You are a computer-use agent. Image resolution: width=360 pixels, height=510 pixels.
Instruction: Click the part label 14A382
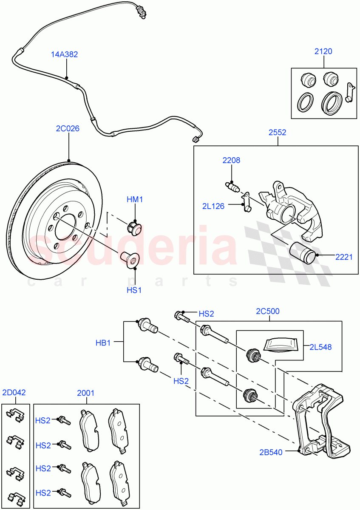tap(65, 54)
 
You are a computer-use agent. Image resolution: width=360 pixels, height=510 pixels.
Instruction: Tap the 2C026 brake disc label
tap(68, 128)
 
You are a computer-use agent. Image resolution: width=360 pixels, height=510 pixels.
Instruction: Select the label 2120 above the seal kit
tap(323, 51)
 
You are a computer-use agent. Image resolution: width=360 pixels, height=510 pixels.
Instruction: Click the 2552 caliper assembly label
tap(277, 133)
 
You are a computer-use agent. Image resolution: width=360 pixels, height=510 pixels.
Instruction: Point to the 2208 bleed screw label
tap(231, 161)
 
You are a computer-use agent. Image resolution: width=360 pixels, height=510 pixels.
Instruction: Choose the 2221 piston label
tap(344, 256)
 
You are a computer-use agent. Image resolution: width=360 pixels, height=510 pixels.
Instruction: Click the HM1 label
tap(135, 199)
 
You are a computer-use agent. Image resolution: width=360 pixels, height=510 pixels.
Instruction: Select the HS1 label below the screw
tap(135, 290)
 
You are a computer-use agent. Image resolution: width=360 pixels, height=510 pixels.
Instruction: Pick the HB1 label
tap(102, 343)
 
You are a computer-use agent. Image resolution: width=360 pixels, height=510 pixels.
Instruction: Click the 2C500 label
tap(268, 311)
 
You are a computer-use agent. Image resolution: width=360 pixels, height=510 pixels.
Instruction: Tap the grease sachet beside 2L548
tap(280, 344)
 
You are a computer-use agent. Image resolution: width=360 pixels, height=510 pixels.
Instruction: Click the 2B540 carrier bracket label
tap(270, 452)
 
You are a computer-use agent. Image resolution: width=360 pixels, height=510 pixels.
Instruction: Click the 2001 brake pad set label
tap(85, 393)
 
